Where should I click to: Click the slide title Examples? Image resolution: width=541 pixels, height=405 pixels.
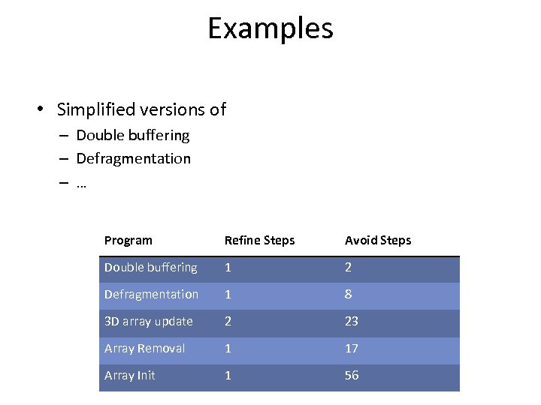tap(270, 29)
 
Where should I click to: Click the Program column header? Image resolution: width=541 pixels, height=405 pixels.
tap(128, 241)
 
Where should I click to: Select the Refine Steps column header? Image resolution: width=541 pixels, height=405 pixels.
tap(259, 241)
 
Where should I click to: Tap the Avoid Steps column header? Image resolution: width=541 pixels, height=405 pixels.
tap(378, 241)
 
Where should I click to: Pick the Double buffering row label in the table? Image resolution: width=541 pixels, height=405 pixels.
tap(150, 268)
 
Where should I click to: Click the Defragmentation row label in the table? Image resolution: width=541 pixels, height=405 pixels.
tap(151, 295)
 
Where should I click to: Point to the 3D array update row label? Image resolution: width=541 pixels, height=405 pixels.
tap(148, 322)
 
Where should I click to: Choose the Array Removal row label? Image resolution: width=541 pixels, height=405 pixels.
tap(144, 349)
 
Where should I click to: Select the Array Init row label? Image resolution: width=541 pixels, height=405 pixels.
tap(129, 376)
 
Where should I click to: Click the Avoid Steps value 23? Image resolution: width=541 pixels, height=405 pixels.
tap(352, 322)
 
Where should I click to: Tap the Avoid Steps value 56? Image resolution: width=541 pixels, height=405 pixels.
tap(352, 376)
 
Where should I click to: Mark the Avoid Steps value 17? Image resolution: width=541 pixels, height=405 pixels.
tap(352, 349)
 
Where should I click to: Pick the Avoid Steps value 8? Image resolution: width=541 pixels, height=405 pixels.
tap(349, 295)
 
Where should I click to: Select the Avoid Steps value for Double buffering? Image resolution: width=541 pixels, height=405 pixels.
tap(349, 268)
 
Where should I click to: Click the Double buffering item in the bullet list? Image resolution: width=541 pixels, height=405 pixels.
tap(133, 136)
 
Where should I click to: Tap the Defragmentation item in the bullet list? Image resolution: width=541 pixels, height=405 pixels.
tap(134, 159)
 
